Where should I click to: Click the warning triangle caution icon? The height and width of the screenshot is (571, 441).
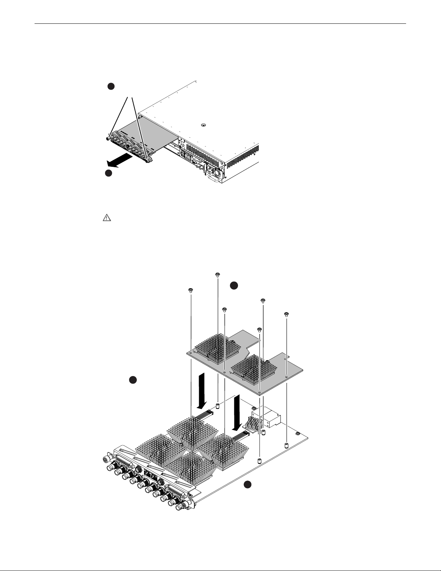click(x=107, y=218)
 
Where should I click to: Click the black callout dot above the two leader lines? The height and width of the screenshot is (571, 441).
click(x=111, y=86)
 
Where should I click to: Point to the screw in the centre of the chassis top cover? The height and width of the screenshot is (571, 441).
click(x=203, y=125)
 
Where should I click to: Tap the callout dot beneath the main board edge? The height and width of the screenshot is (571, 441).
click(x=247, y=485)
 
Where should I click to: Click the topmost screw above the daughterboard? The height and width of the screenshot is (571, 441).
click(x=217, y=275)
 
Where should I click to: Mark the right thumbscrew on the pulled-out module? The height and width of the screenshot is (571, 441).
click(x=148, y=161)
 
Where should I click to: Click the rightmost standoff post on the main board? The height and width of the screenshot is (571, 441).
click(x=287, y=445)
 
